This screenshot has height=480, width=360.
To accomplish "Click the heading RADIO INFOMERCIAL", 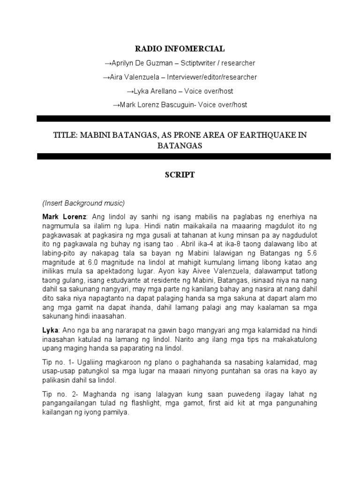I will click(x=180, y=48).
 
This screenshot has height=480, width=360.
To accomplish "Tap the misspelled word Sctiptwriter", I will click(x=201, y=63).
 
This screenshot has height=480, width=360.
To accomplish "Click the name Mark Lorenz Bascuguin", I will click(x=157, y=105).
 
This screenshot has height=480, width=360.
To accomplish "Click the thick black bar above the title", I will click(x=180, y=119).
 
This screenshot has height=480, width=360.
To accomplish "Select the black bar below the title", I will click(x=180, y=156).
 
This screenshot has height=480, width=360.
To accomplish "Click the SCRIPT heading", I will click(x=180, y=175).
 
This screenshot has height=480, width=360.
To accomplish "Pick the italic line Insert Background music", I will click(x=83, y=203).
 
